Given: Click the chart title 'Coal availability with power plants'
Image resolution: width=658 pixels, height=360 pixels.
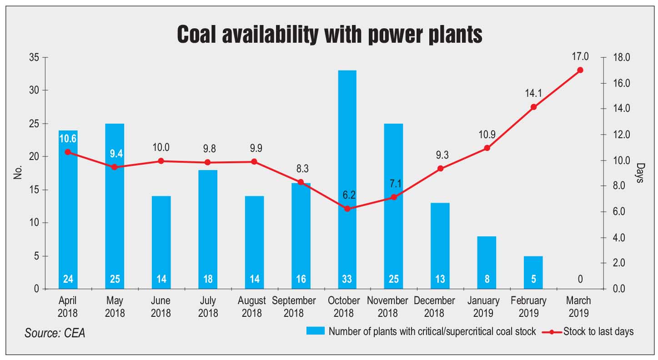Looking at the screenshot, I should coord(329,35).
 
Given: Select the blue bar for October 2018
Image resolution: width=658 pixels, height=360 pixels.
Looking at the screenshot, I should coord(347,180).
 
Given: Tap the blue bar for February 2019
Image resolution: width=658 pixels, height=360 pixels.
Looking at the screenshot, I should coord(533,272).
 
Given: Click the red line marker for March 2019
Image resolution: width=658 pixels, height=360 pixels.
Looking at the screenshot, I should coord(580,70).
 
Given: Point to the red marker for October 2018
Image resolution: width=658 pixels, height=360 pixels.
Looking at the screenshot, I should coord(347,209).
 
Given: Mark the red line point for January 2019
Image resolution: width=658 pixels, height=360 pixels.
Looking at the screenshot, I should coord(487,148).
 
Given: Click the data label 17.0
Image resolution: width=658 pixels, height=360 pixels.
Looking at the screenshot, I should coord(580,57).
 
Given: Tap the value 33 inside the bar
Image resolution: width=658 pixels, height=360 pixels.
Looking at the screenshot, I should coord(347,279).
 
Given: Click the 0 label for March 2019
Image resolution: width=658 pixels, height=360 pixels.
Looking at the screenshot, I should coord(580,279).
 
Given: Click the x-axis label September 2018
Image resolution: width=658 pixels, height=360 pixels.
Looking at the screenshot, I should coord(294,307).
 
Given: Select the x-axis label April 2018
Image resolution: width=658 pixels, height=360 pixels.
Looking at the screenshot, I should coord(68,307).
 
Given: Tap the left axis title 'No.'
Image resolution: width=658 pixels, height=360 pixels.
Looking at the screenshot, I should coord(18,173).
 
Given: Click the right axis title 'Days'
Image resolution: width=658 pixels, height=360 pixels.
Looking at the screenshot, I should coord(640,173).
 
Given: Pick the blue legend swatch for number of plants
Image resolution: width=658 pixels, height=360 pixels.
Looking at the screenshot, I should coord(315,331).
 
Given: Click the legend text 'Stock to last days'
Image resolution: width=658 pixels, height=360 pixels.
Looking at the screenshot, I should coord(598,331).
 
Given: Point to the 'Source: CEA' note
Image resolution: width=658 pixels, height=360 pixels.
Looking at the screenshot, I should coord(55,333).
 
